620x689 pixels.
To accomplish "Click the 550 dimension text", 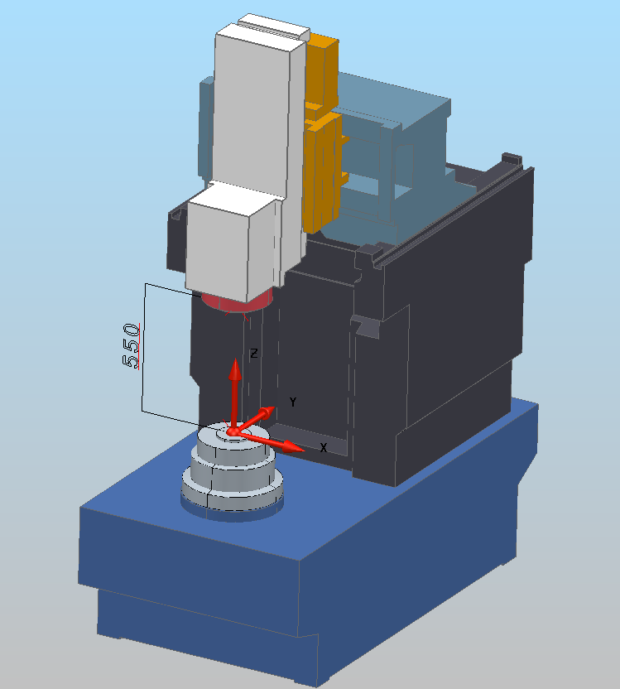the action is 131,346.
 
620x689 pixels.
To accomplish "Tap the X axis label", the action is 324,448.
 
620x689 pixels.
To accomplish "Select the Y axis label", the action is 293,402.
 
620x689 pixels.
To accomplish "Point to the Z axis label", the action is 254,354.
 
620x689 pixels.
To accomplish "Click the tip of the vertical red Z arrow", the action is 235,359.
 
